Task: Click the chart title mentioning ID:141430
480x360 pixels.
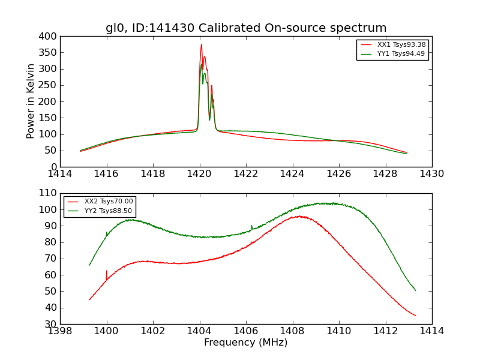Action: point(246,28)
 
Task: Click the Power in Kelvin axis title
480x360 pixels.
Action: point(31,101)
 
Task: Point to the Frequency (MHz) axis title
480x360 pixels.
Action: point(246,343)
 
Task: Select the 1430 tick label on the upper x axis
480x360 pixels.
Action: point(431,174)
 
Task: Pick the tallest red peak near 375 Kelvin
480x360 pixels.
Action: point(202,44)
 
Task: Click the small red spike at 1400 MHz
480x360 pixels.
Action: point(107,271)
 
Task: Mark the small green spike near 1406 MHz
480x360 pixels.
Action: point(251,226)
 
